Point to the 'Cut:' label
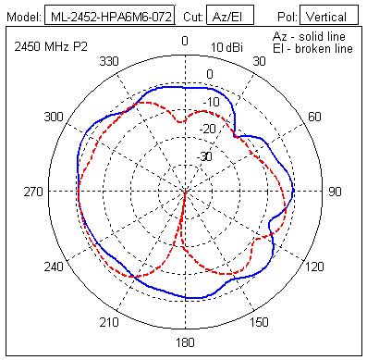click(x=189, y=17)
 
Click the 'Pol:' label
click(x=287, y=17)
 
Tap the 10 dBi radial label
click(x=226, y=47)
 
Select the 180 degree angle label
click(x=185, y=343)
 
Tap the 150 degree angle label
click(x=261, y=323)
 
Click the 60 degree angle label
click(x=315, y=117)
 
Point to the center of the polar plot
click(x=185, y=192)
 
